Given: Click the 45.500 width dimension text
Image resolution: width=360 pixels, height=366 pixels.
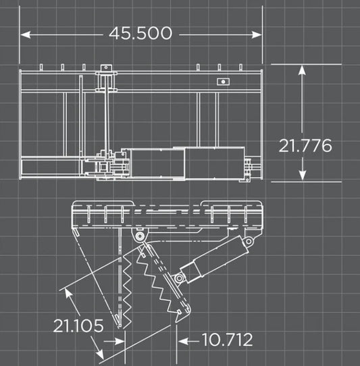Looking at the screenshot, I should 140,32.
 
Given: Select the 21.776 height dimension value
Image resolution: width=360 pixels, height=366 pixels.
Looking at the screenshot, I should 305,145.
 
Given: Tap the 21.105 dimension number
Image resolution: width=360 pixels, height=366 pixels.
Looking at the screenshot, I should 78,326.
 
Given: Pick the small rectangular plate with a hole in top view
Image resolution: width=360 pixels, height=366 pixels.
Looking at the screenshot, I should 222,81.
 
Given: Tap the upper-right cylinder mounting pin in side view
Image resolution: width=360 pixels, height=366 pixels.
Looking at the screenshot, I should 248,241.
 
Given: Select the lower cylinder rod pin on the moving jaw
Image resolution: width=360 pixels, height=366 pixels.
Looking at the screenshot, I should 179,278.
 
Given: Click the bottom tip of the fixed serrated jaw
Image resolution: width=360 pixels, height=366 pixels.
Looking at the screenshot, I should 117,319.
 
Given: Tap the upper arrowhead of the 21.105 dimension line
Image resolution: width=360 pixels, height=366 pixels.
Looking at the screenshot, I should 66,291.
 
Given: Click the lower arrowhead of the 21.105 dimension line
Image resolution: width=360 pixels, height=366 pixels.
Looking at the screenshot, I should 101,355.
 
